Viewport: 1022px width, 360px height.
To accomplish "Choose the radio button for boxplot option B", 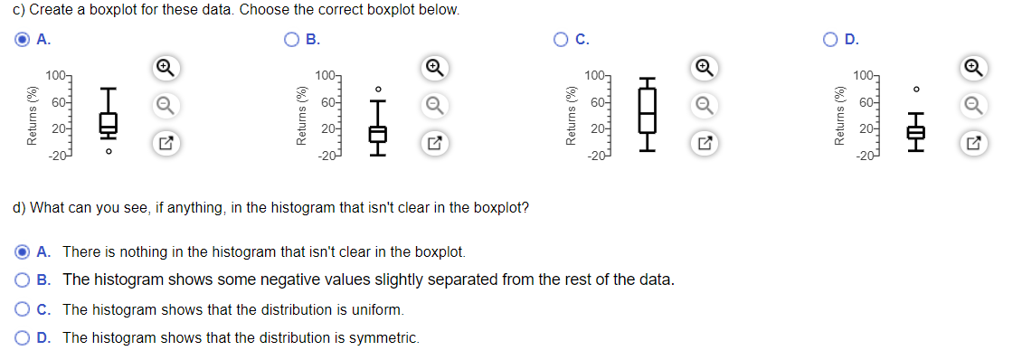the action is point(291,40).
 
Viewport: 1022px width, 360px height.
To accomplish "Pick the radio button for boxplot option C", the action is point(561,40).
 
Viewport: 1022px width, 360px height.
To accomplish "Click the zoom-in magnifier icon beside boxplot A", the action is point(166,69).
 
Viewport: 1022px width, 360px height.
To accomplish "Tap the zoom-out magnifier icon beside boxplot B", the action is point(433,106).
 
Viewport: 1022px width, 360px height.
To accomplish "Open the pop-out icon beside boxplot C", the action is point(703,142).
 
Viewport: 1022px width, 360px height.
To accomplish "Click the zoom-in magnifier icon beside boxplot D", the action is point(972,69).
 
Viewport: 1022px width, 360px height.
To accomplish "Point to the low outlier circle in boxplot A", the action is point(109,152).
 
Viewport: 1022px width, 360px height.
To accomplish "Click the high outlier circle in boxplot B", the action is point(378,89).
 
